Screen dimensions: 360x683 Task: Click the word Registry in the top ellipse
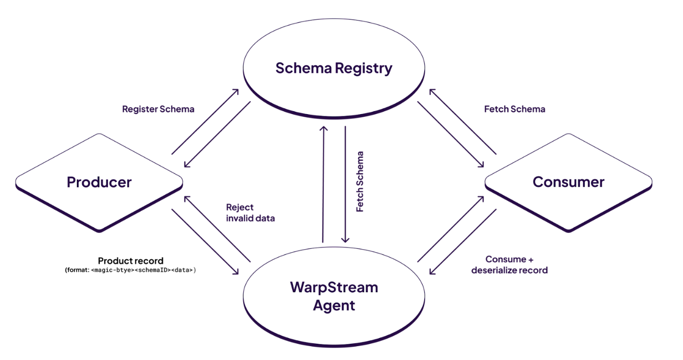(x=363, y=68)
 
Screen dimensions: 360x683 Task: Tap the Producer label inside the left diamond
(x=99, y=182)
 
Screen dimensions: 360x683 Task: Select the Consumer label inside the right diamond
(x=568, y=182)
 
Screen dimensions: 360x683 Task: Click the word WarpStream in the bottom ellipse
(x=334, y=287)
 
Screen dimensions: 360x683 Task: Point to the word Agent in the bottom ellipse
(x=334, y=306)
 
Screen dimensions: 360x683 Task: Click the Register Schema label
(x=158, y=109)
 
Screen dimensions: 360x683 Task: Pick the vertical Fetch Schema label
(x=360, y=182)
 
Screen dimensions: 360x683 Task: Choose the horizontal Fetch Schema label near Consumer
(x=514, y=109)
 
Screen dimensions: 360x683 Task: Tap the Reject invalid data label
(x=250, y=213)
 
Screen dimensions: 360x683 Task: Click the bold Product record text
(x=130, y=261)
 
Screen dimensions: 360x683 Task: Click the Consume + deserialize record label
(x=509, y=265)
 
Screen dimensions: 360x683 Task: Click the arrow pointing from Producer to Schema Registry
(x=205, y=121)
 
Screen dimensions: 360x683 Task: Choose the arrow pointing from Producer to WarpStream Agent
(x=205, y=242)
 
